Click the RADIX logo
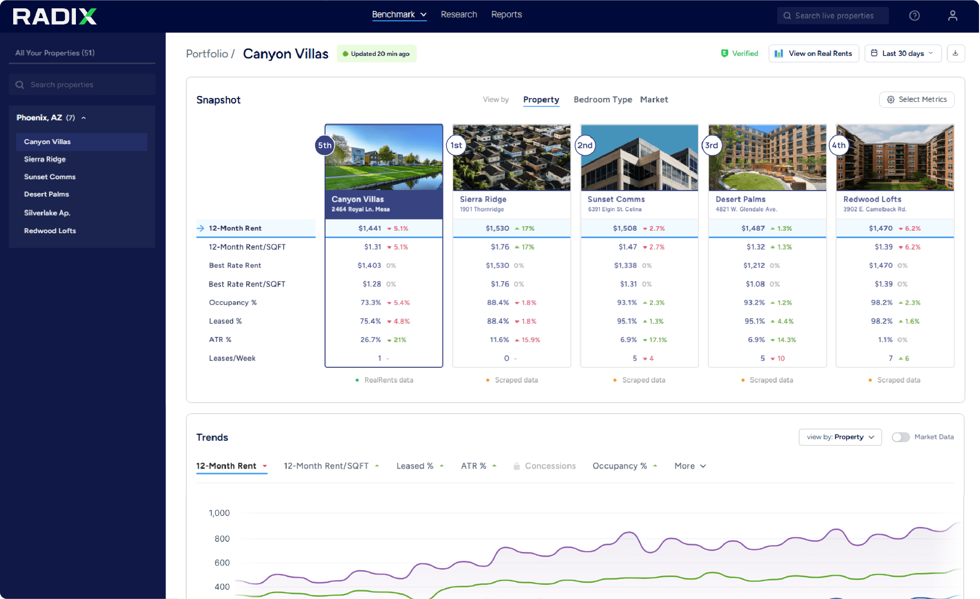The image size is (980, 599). pyautogui.click(x=55, y=16)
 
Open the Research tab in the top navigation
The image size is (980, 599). pyautogui.click(x=459, y=15)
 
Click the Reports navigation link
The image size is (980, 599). pyautogui.click(x=507, y=15)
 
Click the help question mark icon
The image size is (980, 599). pyautogui.click(x=914, y=16)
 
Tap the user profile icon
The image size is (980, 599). pyautogui.click(x=953, y=16)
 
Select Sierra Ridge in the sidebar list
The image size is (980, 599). pyautogui.click(x=45, y=159)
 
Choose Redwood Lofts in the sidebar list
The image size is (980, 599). pyautogui.click(x=50, y=231)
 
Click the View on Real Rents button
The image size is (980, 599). pyautogui.click(x=814, y=53)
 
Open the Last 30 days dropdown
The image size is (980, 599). pyautogui.click(x=903, y=53)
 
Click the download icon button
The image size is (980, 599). pyautogui.click(x=956, y=53)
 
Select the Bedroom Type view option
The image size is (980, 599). pyautogui.click(x=603, y=99)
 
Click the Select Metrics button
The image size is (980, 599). pyautogui.click(x=917, y=99)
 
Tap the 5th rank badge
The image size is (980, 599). pyautogui.click(x=325, y=145)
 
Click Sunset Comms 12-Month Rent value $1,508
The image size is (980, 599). pyautogui.click(x=625, y=228)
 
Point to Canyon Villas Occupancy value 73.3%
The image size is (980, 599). pyautogui.click(x=371, y=303)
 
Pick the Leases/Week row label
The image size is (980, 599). pyautogui.click(x=232, y=359)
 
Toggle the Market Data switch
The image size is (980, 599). pyautogui.click(x=901, y=437)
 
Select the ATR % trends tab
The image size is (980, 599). pyautogui.click(x=473, y=466)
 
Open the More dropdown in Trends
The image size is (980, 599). pyautogui.click(x=690, y=466)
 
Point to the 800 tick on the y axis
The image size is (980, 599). pyautogui.click(x=222, y=539)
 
